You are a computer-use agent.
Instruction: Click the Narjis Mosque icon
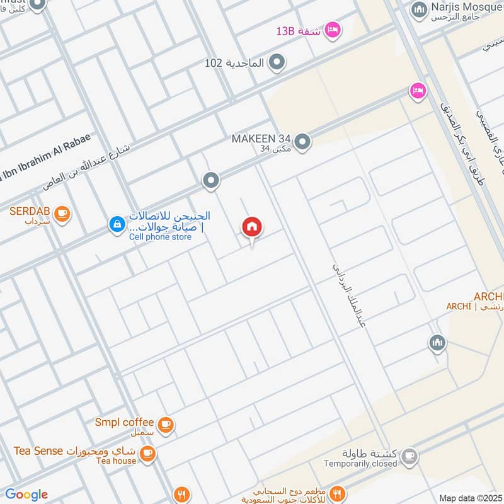[419, 10]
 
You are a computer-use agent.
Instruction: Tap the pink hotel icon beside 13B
[333, 29]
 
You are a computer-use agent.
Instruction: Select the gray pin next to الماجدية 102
[276, 62]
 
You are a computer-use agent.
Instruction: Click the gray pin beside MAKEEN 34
[302, 142]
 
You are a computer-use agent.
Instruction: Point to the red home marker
[252, 227]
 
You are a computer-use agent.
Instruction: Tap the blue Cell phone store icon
[117, 224]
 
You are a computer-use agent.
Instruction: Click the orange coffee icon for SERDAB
[61, 214]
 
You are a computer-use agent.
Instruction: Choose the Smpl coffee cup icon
[165, 425]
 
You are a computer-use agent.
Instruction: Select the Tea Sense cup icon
[147, 453]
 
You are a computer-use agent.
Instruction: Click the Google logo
[26, 495]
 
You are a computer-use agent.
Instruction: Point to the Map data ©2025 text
[469, 498]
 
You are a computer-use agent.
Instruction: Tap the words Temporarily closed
[360, 464]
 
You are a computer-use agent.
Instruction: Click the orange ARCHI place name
[489, 297]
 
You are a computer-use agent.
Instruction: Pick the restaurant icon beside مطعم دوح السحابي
[338, 493]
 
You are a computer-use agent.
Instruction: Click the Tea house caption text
[116, 461]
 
